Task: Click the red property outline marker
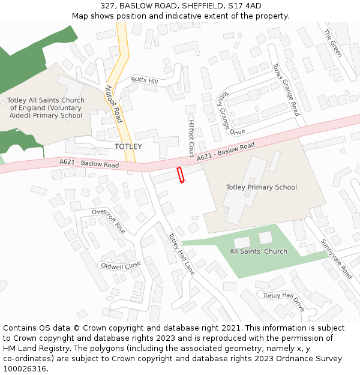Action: click(179, 175)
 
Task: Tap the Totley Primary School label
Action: click(261, 187)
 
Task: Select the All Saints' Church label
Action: click(258, 251)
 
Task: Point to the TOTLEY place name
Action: click(128, 146)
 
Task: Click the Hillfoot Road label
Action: click(113, 103)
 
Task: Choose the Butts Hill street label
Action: click(145, 81)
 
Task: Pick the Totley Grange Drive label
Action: click(230, 113)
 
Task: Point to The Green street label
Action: click(332, 43)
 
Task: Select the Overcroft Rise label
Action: click(109, 221)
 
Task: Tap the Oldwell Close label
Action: click(121, 265)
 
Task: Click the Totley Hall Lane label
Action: click(181, 251)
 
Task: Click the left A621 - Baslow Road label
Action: click(89, 163)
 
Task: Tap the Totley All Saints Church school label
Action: click(46, 108)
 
